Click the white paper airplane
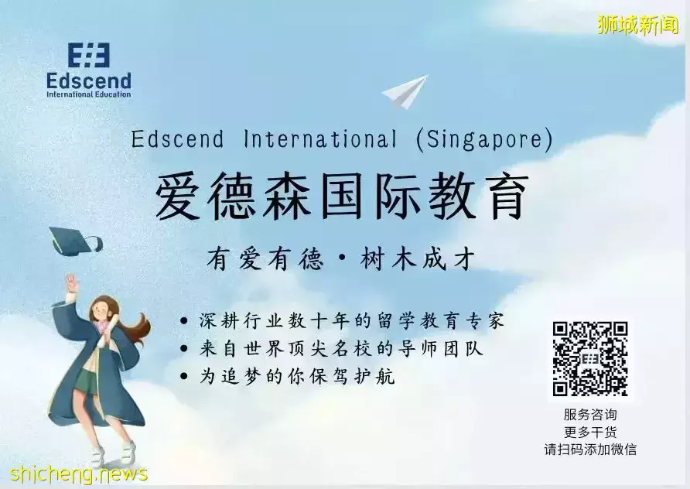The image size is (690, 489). (405, 92)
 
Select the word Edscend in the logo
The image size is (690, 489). (88, 80)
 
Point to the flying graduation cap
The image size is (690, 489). (74, 239)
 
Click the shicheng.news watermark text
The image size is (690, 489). (74, 474)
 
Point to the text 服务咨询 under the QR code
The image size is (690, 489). (590, 415)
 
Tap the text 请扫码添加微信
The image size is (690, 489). (590, 450)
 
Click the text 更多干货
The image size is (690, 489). (590, 433)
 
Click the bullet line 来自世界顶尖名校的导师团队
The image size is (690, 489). (340, 349)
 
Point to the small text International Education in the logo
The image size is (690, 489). (88, 94)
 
